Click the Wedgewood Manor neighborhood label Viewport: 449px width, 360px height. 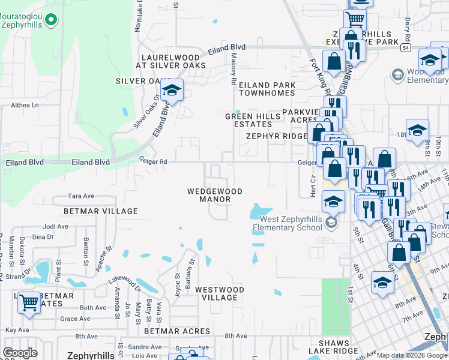coord(214,196)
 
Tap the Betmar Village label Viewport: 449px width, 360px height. coord(101,211)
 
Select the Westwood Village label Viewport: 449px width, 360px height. coord(220,293)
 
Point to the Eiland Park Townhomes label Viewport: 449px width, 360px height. coord(267,89)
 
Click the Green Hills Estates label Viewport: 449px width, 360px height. coord(249,120)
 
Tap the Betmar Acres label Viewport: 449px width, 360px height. coord(177,331)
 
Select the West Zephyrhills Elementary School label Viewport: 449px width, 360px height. coord(290,224)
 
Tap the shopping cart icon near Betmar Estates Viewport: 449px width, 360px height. coord(29,302)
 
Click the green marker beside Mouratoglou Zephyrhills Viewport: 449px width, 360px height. coord(51,20)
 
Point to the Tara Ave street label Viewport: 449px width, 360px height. coord(82,196)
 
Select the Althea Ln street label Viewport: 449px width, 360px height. coord(25,105)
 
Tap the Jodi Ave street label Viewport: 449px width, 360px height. coord(56,227)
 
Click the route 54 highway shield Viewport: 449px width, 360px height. coord(406,47)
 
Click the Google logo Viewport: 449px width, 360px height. coord(20,353)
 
